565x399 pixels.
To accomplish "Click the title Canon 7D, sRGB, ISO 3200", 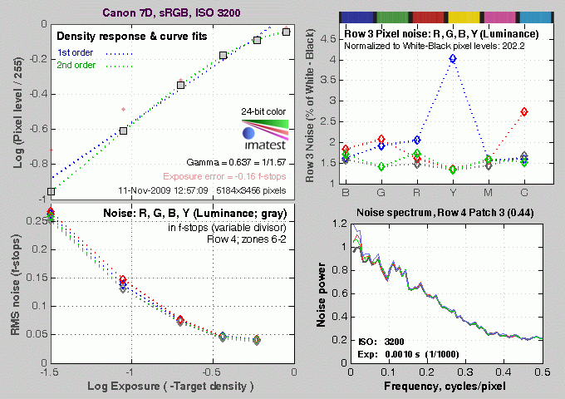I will (x=167, y=11).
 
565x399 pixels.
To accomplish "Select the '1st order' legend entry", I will (x=76, y=53).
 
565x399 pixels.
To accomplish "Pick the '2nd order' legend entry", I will (x=77, y=68).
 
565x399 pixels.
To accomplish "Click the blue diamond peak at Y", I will (x=452, y=59).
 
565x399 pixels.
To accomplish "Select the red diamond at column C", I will (x=523, y=111).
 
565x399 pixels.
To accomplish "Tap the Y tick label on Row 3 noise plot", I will (x=452, y=191).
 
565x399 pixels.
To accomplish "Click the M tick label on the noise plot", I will (x=488, y=191).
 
